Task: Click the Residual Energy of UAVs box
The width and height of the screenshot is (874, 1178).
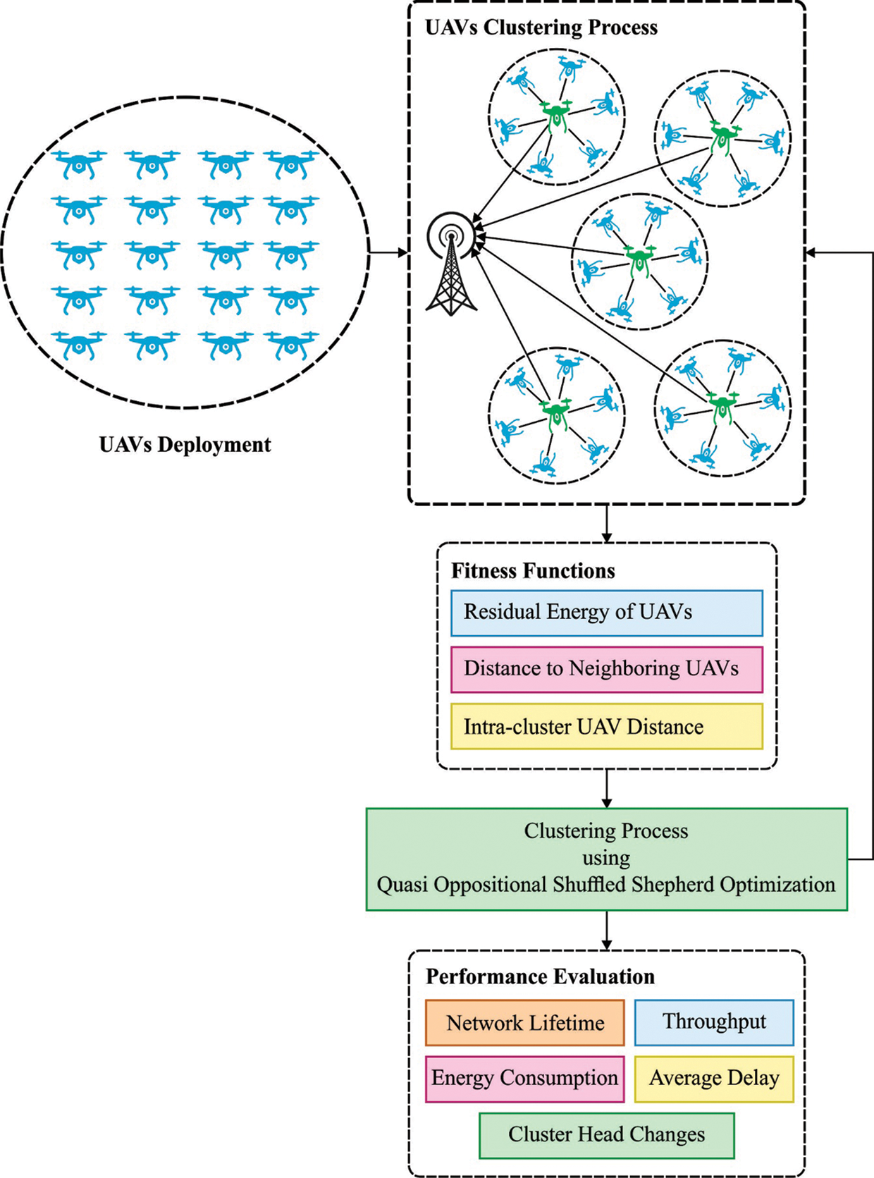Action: (606, 613)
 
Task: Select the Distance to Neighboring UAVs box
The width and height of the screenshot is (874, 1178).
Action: (606, 669)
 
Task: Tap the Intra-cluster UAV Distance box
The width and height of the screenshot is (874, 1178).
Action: (606, 726)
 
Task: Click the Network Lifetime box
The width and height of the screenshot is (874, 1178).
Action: (524, 1022)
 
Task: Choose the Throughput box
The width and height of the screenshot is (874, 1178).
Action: (713, 1021)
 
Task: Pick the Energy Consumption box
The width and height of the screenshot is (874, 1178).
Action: (524, 1079)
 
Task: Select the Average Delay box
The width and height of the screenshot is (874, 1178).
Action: (713, 1079)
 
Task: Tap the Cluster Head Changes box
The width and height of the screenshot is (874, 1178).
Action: (606, 1135)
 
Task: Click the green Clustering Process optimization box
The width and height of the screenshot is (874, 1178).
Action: (606, 859)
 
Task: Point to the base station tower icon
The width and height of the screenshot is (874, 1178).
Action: (451, 264)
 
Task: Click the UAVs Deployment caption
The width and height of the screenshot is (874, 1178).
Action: (185, 445)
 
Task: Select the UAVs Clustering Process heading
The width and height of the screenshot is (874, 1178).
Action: (541, 27)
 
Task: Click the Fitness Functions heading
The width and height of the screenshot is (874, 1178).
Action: (533, 570)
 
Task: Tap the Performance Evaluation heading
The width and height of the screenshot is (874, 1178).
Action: (540, 976)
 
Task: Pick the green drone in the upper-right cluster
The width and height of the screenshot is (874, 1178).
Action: (722, 136)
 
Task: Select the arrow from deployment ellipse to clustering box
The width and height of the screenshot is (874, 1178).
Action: (388, 252)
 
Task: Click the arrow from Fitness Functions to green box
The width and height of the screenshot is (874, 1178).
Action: (606, 788)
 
